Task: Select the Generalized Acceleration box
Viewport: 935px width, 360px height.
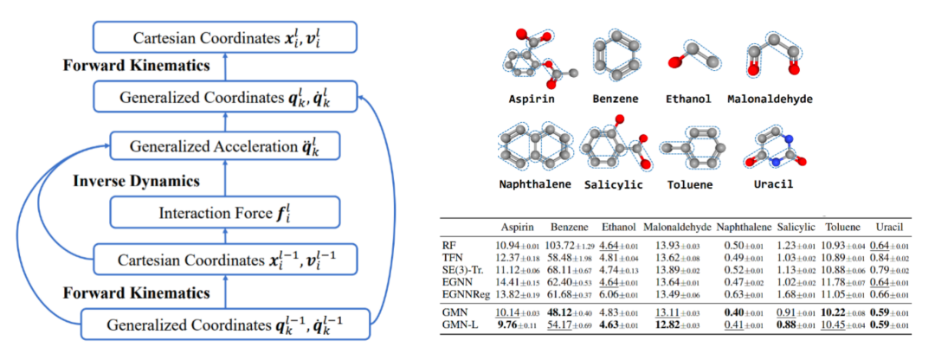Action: (223, 146)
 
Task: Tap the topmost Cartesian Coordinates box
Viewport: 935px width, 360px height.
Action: (223, 37)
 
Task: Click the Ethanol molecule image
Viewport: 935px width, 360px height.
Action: (688, 61)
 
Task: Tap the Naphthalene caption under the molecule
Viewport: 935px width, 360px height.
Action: (533, 184)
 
